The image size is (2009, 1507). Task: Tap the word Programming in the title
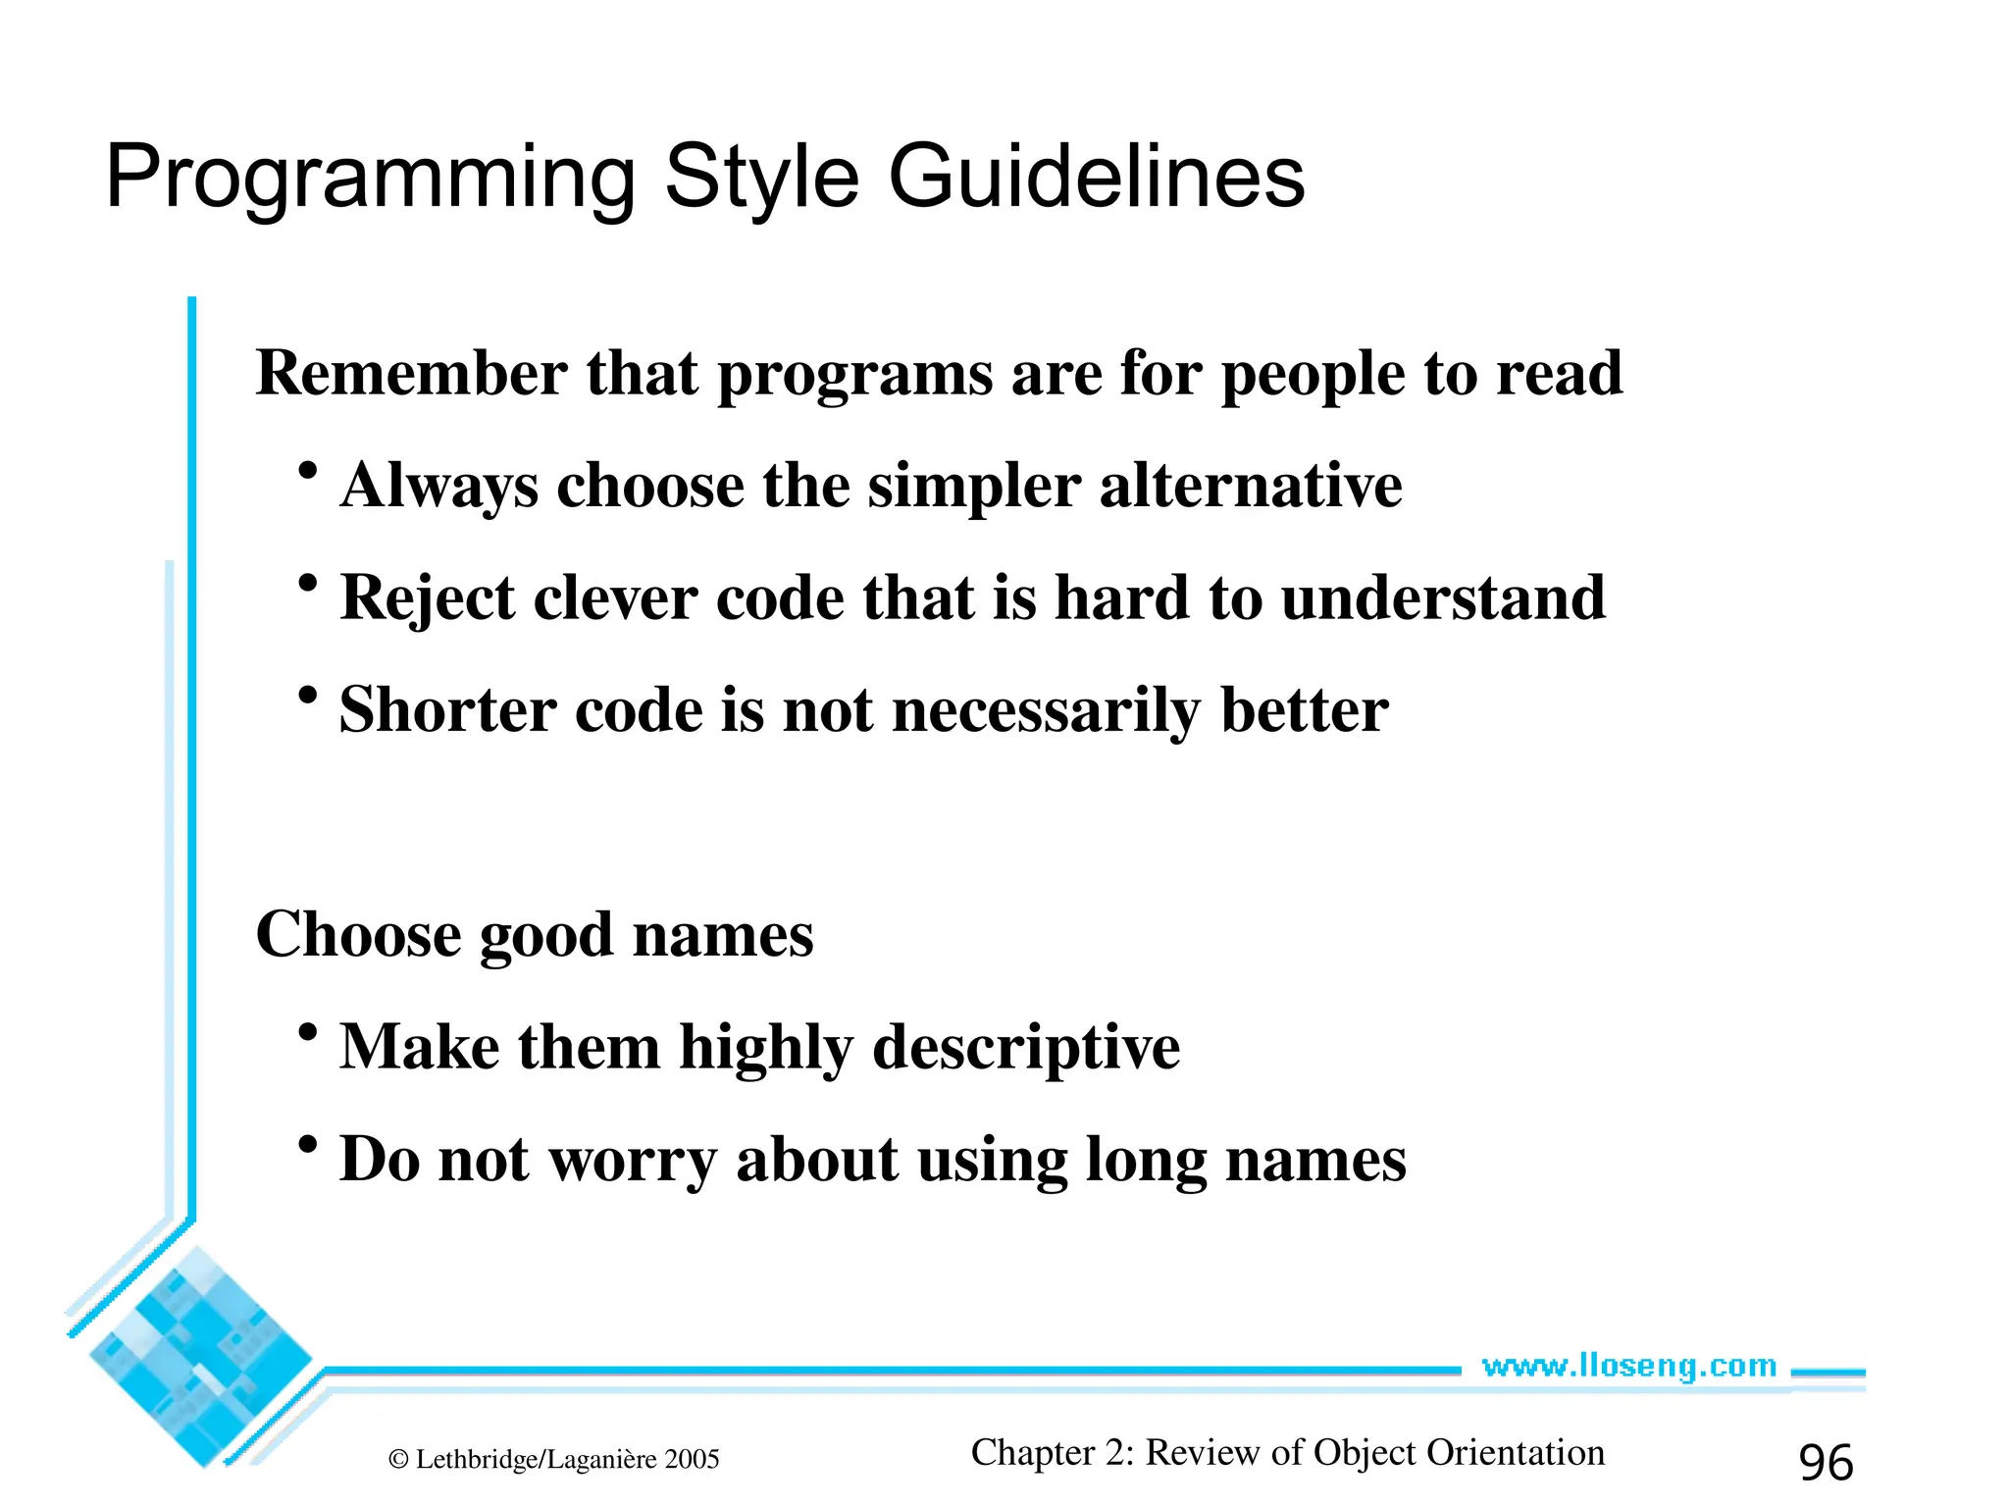click(x=371, y=179)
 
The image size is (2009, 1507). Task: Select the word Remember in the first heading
click(x=411, y=374)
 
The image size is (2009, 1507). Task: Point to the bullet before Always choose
click(x=308, y=471)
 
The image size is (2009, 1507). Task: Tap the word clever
click(x=615, y=598)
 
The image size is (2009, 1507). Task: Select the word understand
click(x=1443, y=598)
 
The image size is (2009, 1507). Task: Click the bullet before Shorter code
click(x=308, y=696)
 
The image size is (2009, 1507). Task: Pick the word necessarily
click(x=1046, y=711)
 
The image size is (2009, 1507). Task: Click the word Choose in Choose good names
click(x=358, y=934)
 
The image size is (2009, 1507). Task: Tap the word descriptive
click(x=1026, y=1048)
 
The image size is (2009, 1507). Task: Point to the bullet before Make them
click(x=308, y=1032)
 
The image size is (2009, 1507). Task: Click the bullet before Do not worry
click(x=308, y=1144)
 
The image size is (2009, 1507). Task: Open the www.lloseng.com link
click(x=1628, y=1366)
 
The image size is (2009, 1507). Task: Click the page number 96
click(x=1826, y=1462)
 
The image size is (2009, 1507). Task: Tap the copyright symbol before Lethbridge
click(x=398, y=1460)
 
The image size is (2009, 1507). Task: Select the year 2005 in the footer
click(x=692, y=1460)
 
